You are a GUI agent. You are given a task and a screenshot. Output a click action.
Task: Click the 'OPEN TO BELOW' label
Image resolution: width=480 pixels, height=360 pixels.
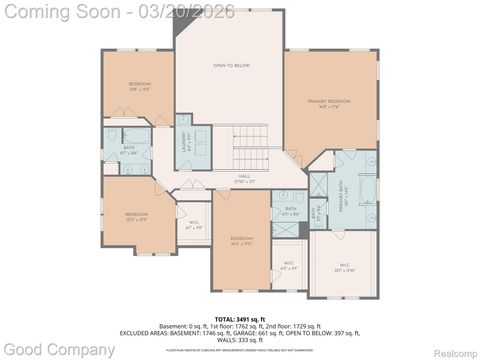click(230, 66)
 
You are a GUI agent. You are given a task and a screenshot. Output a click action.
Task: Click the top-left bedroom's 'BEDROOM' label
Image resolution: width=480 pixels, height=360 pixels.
click(139, 83)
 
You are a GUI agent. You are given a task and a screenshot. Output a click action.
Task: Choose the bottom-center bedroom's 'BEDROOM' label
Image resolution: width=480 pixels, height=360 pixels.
click(241, 237)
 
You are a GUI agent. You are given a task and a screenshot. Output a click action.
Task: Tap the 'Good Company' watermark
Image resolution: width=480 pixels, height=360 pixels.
click(58, 350)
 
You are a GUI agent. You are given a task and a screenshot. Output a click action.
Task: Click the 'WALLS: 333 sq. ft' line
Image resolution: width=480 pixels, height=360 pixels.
click(240, 340)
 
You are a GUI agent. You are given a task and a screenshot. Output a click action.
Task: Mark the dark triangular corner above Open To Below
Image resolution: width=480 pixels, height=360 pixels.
click(182, 23)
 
